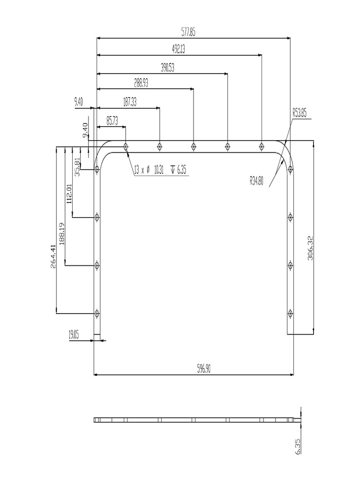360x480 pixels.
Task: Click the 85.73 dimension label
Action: click(x=112, y=121)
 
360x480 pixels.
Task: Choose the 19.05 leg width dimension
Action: click(x=74, y=334)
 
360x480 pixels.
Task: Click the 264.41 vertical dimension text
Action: click(x=53, y=255)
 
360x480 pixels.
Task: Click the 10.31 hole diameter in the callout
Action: click(x=158, y=171)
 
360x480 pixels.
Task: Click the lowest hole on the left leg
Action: click(x=97, y=313)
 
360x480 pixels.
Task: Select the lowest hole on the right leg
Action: click(x=291, y=313)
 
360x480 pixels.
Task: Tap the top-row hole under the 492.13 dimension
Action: click(x=261, y=147)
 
